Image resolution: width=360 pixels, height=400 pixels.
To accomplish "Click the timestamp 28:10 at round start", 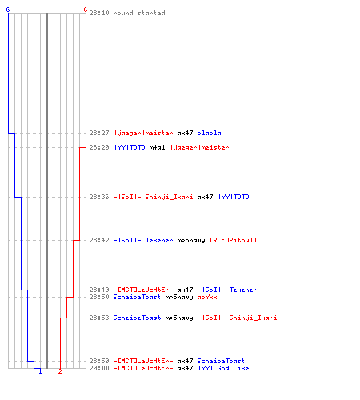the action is click(99, 13).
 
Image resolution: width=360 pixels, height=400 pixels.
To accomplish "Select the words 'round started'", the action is click(139, 13).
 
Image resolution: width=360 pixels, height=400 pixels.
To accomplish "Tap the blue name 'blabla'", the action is click(209, 133).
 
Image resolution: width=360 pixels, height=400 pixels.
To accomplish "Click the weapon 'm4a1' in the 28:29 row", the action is click(158, 147).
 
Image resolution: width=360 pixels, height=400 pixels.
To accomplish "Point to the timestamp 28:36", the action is click(99, 197).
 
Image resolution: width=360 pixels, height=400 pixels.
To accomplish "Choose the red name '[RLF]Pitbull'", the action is click(234, 240).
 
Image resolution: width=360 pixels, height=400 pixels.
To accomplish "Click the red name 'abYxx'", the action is click(207, 297).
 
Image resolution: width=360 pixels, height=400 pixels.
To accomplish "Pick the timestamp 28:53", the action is click(99, 318).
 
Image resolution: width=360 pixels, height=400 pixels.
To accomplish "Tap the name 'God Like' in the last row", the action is click(233, 368).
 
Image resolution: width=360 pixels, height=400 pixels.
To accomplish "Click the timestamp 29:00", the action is click(99, 368).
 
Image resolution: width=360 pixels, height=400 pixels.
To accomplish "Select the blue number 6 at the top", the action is click(8, 10).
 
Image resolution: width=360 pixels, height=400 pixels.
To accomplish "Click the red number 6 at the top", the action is click(86, 10).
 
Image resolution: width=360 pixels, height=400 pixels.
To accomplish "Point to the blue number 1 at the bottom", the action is click(40, 371).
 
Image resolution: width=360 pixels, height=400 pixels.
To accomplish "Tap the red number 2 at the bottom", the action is click(60, 371).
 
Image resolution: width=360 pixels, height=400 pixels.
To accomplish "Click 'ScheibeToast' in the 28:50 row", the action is click(137, 297).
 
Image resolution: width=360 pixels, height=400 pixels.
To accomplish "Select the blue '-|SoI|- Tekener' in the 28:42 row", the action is click(143, 240).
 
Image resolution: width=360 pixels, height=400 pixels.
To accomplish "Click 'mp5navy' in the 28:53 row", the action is click(179, 318).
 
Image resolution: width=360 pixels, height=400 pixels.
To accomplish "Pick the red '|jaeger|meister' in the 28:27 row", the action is click(144, 133).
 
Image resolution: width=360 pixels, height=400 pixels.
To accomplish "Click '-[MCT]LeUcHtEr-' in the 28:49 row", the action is click(143, 290).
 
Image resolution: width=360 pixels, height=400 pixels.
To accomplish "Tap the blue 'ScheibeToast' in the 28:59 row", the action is click(221, 361).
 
